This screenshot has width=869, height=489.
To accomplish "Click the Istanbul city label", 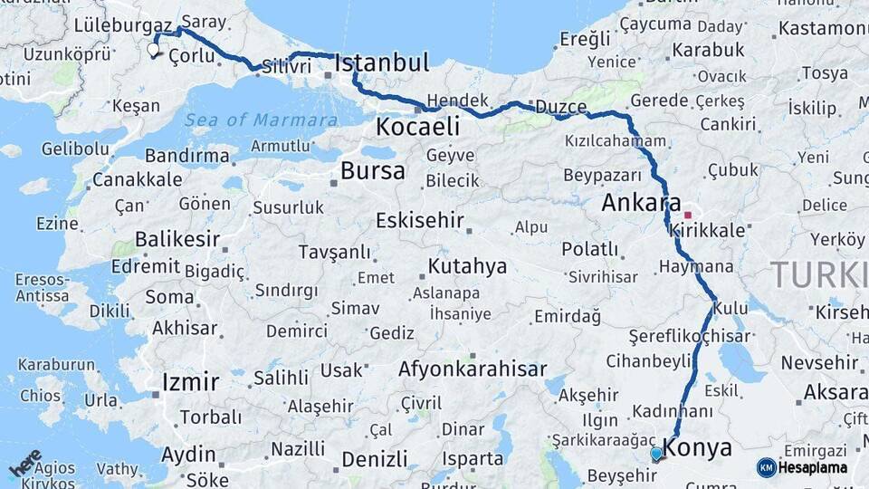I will pyautogui.click(x=381, y=63).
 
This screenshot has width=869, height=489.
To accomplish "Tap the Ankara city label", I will pyautogui.click(x=641, y=204).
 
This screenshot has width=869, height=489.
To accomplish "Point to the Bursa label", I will pyautogui.click(x=373, y=170).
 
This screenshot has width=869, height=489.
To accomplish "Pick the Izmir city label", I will pyautogui.click(x=190, y=381).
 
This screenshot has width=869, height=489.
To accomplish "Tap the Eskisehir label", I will pyautogui.click(x=419, y=220).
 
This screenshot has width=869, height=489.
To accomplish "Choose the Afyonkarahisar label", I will pyautogui.click(x=473, y=369).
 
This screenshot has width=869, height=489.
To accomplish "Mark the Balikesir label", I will pyautogui.click(x=177, y=240).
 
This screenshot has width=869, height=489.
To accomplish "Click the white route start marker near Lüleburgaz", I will pyautogui.click(x=153, y=50).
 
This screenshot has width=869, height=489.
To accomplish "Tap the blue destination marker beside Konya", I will pyautogui.click(x=656, y=453).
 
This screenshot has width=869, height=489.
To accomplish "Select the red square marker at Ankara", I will pyautogui.click(x=688, y=216).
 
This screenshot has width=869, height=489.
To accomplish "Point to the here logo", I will pyautogui.click(x=25, y=463).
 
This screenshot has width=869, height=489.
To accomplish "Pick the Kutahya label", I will pyautogui.click(x=467, y=266).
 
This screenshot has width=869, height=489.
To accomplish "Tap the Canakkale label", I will pyautogui.click(x=137, y=179).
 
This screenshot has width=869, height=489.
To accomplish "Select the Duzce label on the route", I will pyautogui.click(x=560, y=107).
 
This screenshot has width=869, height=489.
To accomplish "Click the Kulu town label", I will pyautogui.click(x=731, y=309).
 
